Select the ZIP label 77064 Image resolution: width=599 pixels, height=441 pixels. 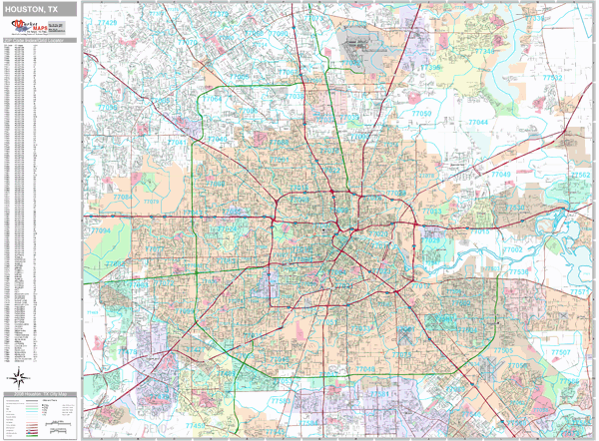click(x=214, y=101)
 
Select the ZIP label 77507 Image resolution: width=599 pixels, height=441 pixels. click(x=561, y=353)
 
